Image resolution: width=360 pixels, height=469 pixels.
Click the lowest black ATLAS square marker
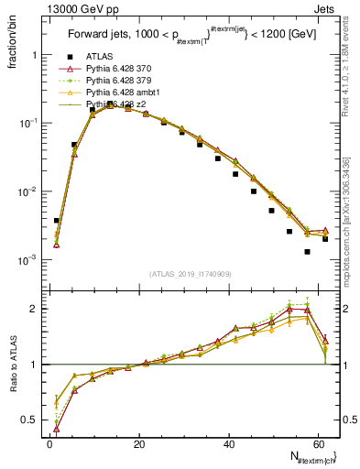point(308,252)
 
